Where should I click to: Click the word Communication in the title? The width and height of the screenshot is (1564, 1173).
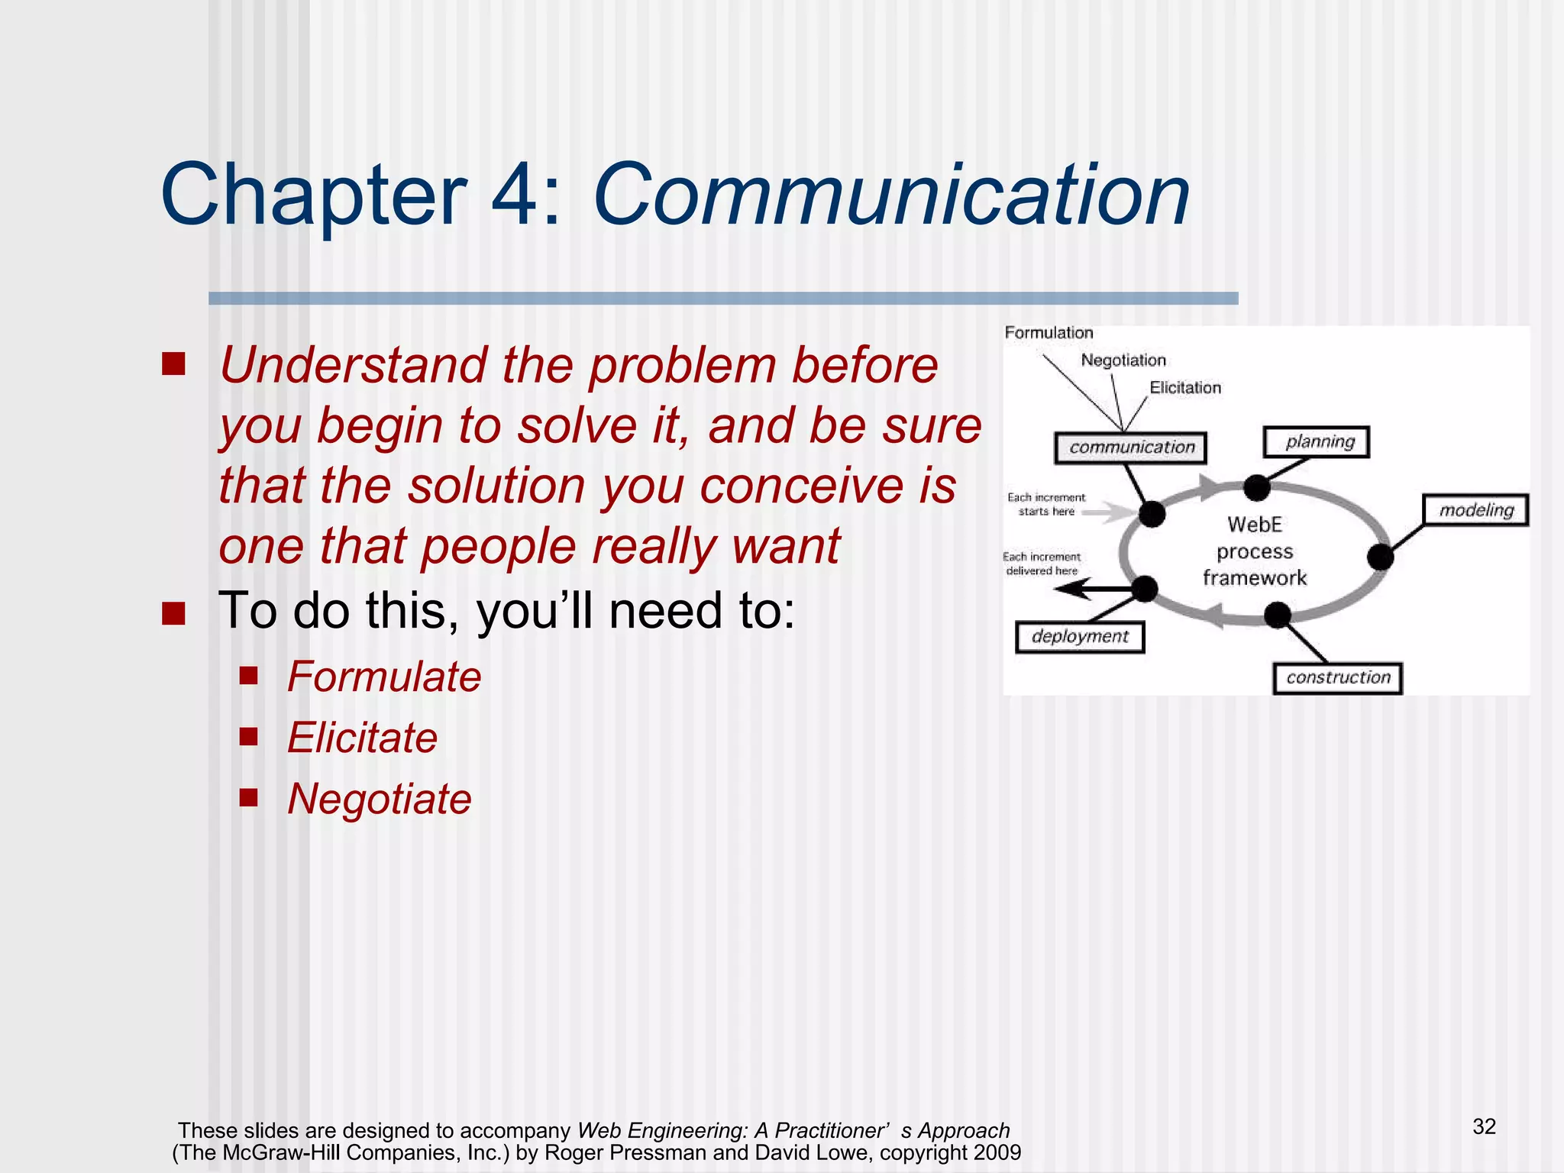click(890, 195)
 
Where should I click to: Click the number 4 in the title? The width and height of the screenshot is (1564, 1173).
click(515, 195)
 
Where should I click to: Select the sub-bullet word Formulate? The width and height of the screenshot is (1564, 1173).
click(384, 677)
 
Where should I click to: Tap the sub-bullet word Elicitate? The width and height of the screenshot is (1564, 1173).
click(362, 738)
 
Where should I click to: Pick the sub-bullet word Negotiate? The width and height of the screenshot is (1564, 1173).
click(379, 800)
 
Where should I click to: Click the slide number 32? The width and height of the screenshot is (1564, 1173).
click(1484, 1126)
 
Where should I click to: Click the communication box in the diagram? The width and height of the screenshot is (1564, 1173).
click(1131, 448)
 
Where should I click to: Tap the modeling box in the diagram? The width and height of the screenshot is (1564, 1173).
click(1475, 510)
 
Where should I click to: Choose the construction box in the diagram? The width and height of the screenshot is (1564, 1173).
click(1337, 677)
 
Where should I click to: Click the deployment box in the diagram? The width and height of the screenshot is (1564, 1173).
click(1080, 637)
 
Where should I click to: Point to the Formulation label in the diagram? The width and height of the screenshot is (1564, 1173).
click(1049, 333)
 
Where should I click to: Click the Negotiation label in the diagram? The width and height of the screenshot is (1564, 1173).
click(1123, 360)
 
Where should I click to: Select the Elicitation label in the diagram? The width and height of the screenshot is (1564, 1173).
click(1185, 388)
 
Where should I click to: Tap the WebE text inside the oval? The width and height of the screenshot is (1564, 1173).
click(1254, 525)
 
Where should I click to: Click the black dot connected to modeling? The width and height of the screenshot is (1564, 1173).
click(1380, 557)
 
